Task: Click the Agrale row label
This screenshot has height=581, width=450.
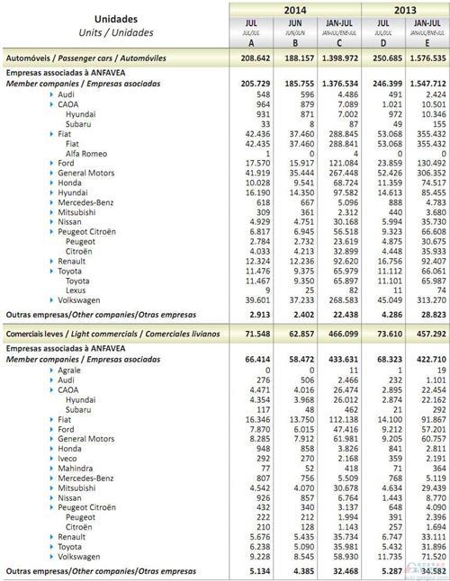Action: pyautogui.click(x=69, y=370)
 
